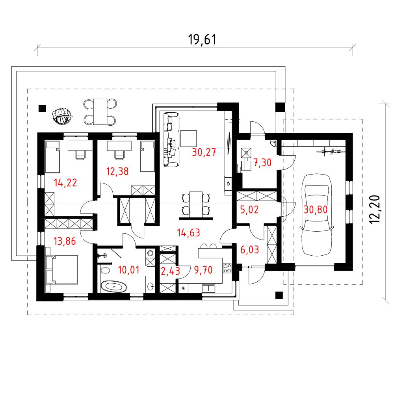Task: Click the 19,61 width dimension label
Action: click(202, 40)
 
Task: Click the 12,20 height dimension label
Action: click(375, 209)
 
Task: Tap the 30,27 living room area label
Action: click(204, 152)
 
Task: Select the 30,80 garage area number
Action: click(316, 210)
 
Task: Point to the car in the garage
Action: click(317, 215)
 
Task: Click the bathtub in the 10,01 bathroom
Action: click(113, 286)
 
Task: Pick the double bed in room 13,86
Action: click(61, 269)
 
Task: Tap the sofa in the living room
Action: click(171, 139)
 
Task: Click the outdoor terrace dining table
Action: click(100, 112)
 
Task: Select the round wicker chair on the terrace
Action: click(61, 116)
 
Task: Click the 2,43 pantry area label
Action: click(170, 271)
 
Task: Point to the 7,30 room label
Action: click(262, 163)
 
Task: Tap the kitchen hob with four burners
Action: click(227, 268)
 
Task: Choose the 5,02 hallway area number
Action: click(249, 210)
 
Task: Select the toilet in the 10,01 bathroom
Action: click(105, 271)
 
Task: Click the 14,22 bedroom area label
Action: click(65, 183)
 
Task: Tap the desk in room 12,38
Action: click(119, 146)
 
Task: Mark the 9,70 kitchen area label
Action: click(203, 270)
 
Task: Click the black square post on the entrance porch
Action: click(279, 295)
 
